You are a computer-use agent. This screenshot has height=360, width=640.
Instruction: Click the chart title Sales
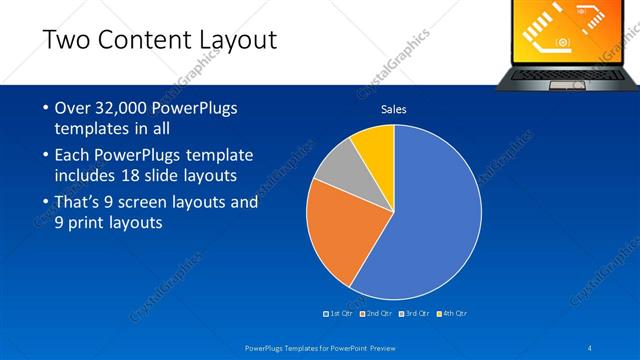point(393,110)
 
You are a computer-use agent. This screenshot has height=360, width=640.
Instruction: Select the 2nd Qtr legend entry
point(376,313)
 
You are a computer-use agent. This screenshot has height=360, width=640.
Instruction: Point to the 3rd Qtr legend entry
point(414,313)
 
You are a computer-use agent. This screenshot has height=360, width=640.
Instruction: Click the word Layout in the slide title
point(236,40)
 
